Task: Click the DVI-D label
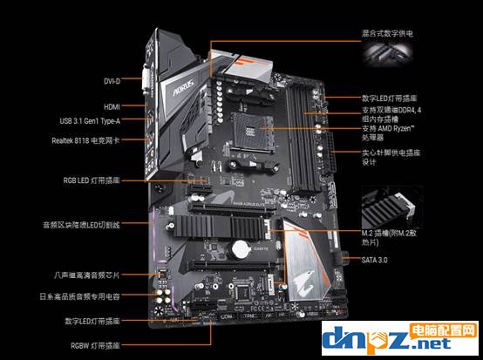pos(111,81)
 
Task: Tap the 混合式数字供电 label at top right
pos(386,32)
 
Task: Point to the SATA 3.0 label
pos(376,260)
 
